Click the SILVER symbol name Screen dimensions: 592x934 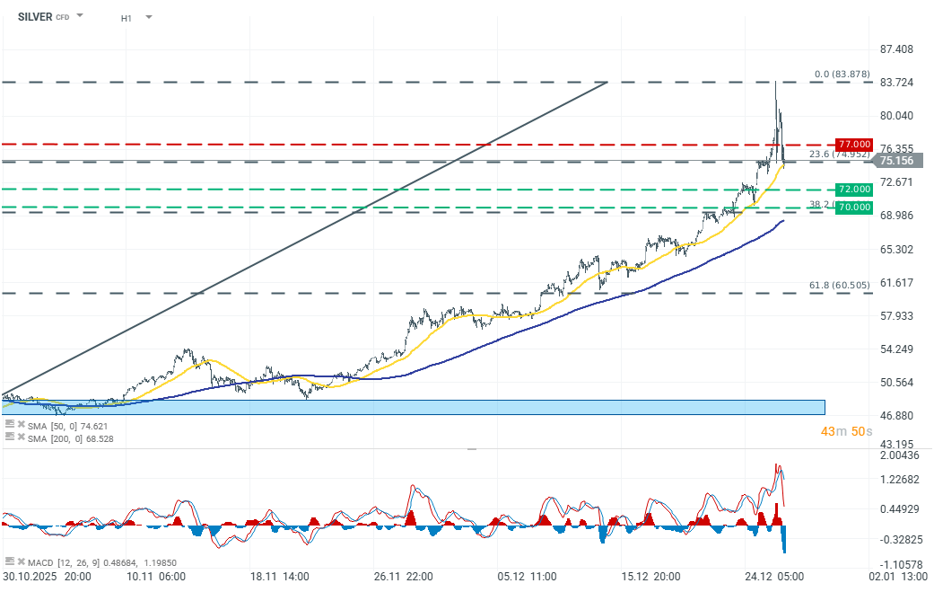point(34,16)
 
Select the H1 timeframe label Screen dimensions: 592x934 point(127,17)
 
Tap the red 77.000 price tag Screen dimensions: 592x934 point(853,145)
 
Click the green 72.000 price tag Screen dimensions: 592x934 point(853,190)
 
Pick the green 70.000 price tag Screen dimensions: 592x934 point(853,207)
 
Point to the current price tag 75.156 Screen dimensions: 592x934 point(895,161)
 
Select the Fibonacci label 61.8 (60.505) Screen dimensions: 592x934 point(840,285)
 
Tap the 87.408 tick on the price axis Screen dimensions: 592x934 point(896,49)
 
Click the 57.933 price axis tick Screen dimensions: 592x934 point(896,315)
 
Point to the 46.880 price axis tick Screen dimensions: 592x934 point(896,415)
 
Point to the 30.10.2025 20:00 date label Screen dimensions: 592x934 point(47,577)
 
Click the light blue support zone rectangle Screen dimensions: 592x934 point(413,407)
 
